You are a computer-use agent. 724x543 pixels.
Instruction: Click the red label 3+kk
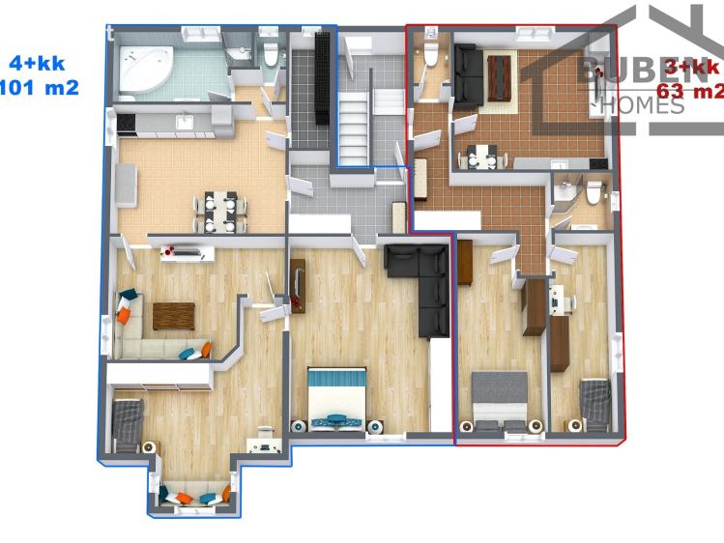[692, 69]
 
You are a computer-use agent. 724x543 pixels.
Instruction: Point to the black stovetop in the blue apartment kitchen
[125, 122]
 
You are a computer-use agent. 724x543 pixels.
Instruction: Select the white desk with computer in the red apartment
[559, 300]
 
